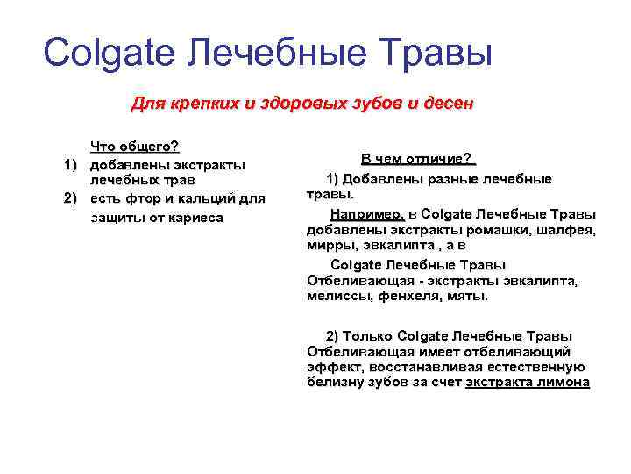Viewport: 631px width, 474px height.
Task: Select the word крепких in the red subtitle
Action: [x=204, y=104]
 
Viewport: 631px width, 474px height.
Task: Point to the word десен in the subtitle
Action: [x=446, y=104]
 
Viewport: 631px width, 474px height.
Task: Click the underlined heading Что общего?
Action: [x=135, y=146]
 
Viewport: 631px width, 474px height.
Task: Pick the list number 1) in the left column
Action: [x=72, y=164]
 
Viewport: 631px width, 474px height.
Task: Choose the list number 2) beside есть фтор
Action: [x=72, y=199]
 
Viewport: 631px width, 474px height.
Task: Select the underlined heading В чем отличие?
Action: [x=417, y=160]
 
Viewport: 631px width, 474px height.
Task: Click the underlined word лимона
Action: [x=566, y=383]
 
